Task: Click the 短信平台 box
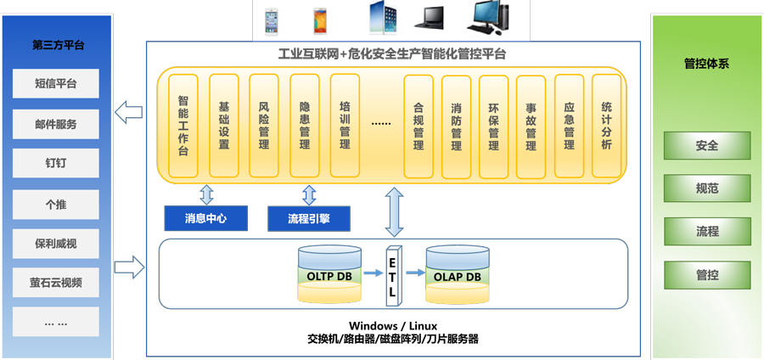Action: (x=56, y=83)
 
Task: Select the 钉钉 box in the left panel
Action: (x=56, y=163)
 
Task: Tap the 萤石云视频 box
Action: (x=56, y=282)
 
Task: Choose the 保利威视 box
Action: (x=56, y=243)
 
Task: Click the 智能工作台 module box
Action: (x=183, y=126)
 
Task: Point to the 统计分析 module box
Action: (x=606, y=126)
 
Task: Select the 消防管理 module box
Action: (x=456, y=126)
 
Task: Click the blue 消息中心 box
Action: (x=206, y=218)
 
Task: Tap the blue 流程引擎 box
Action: (x=309, y=218)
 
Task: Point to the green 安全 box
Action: (x=707, y=145)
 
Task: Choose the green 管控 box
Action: (x=707, y=273)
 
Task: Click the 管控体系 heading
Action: (x=706, y=63)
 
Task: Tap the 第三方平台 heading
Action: (x=57, y=44)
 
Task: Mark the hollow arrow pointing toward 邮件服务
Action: (x=129, y=110)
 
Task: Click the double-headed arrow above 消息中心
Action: (x=206, y=193)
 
